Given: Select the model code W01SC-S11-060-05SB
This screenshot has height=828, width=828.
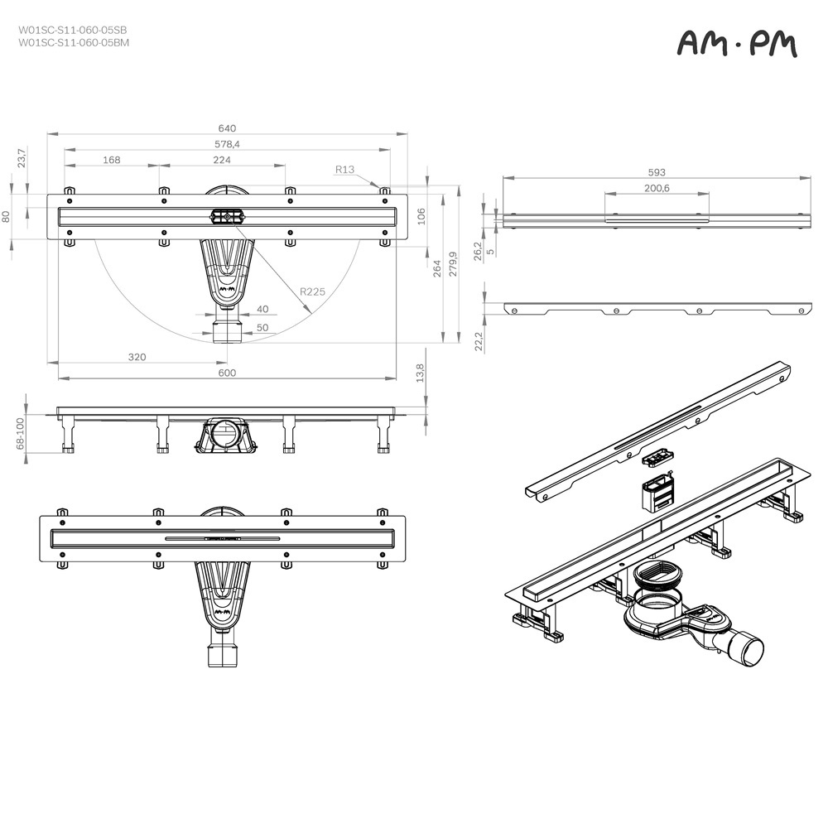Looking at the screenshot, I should point(73,29).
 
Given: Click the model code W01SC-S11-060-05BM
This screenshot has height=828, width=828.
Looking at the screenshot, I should point(73,41).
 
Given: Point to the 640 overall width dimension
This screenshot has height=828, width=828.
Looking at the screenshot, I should point(227,128).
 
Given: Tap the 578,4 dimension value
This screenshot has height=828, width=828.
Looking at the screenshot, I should point(227,144).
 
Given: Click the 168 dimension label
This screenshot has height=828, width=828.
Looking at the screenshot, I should point(112,160).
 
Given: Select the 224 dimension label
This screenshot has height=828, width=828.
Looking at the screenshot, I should point(222,160).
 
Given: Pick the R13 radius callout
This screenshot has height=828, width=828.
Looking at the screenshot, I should point(344,170).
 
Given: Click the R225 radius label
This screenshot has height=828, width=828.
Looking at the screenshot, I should point(312,291).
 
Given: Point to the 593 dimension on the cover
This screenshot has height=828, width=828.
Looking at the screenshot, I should point(657,172).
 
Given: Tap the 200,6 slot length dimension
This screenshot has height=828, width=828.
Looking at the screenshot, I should point(657,189).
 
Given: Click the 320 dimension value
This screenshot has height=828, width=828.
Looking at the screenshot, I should point(137,357).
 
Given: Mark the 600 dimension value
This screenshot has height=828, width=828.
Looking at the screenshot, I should point(227,373).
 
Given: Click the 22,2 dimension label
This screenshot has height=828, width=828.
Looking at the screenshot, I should point(479,341).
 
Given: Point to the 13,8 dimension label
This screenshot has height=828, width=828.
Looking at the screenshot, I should point(420,373).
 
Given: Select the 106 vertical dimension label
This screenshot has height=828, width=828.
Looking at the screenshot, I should point(421,215).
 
